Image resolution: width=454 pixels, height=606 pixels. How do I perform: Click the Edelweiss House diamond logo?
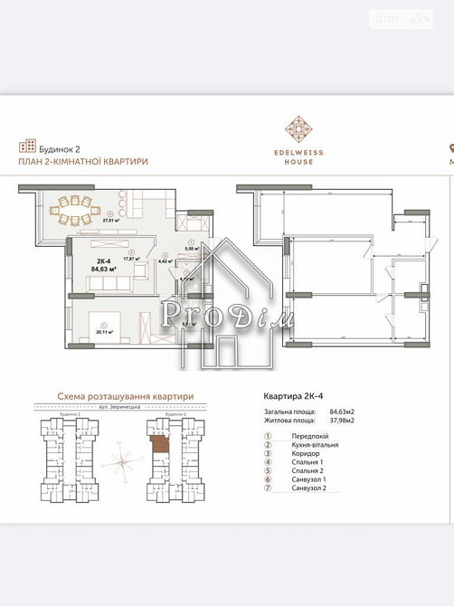tap(298, 128)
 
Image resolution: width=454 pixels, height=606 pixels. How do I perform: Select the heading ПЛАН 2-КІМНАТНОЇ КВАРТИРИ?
tap(83, 161)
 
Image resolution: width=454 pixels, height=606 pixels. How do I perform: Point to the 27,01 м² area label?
tap(112, 219)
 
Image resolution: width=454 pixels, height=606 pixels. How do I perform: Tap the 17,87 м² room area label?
tap(132, 259)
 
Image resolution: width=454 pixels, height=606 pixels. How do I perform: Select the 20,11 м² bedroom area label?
tap(105, 332)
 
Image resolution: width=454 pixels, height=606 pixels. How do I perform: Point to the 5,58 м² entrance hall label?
tap(191, 248)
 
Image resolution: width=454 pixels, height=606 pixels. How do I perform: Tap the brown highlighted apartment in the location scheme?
tap(158, 445)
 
